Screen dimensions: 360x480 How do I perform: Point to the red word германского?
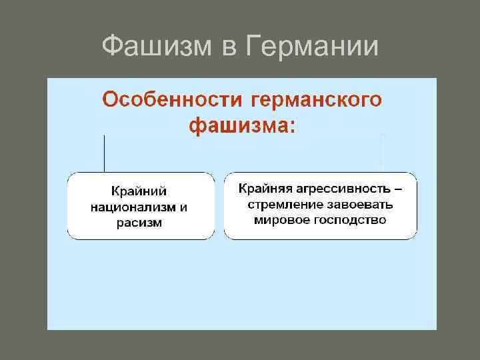[x=317, y=101]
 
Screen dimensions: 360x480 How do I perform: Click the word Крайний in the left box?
[x=140, y=192]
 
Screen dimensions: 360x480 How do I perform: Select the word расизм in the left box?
[x=140, y=222]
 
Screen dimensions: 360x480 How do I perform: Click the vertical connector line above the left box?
[x=105, y=153]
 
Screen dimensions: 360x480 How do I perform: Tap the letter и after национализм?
[x=184, y=207]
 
